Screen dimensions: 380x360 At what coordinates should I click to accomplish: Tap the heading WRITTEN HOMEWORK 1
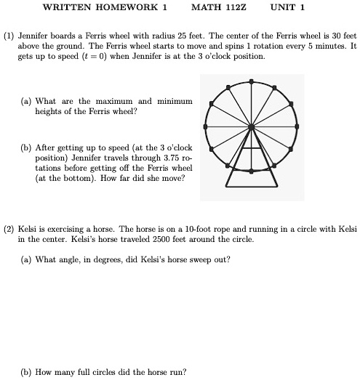coord(105,8)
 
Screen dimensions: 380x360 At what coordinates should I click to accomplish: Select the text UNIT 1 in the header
coord(287,8)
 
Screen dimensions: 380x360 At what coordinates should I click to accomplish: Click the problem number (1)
coord(9,35)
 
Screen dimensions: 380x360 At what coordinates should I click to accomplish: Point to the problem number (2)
coord(9,228)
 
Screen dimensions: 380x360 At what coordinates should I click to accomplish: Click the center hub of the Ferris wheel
coord(252,126)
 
